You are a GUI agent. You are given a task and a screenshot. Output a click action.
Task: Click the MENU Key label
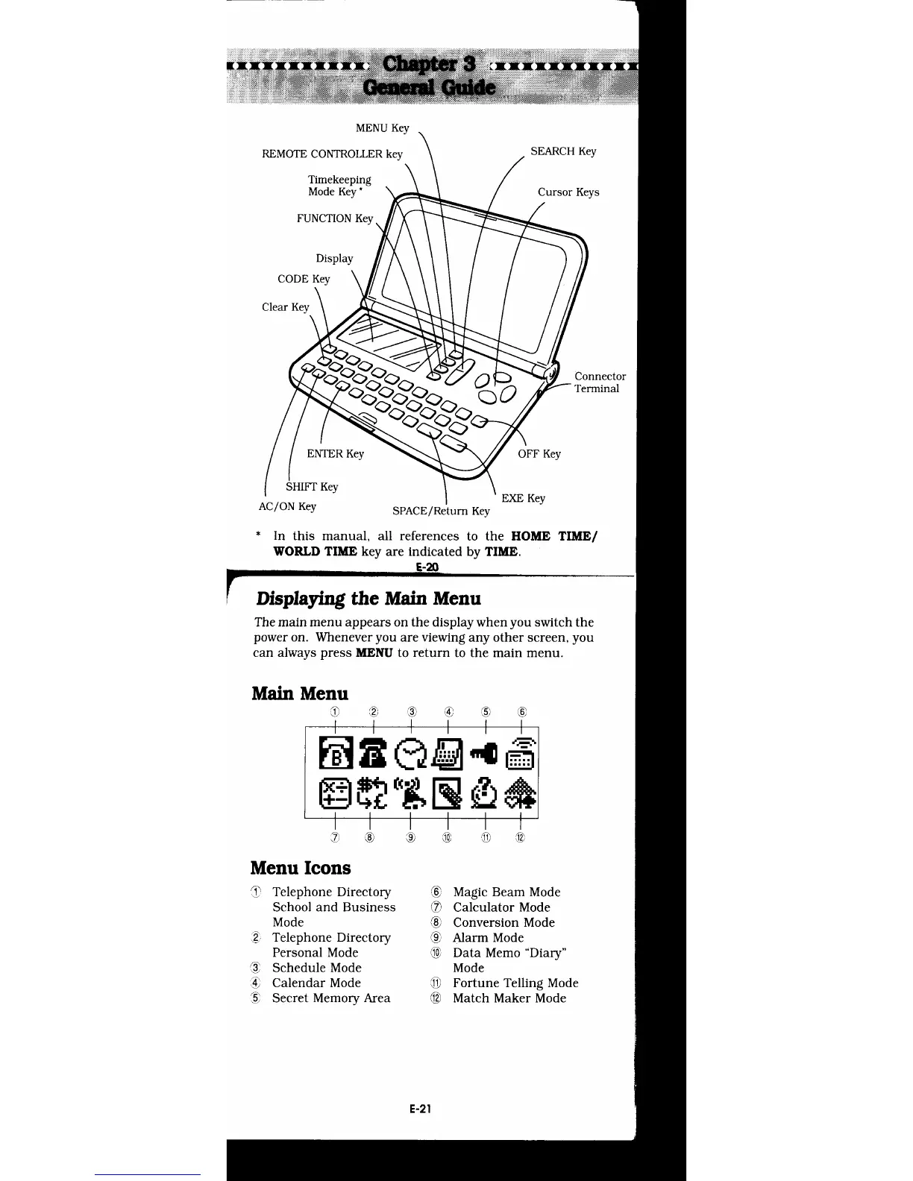[382, 128]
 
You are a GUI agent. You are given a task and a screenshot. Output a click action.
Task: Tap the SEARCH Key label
[563, 151]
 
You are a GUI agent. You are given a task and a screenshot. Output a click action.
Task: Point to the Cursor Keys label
[568, 192]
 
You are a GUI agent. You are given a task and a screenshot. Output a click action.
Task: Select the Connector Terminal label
[600, 382]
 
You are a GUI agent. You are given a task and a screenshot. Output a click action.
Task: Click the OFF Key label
[539, 454]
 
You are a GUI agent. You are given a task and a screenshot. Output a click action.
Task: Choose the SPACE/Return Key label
[441, 511]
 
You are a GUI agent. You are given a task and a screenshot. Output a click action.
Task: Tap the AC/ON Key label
[287, 506]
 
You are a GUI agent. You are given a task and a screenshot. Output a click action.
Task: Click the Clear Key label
[285, 307]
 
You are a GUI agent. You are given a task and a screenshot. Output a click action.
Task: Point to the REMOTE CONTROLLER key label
[332, 154]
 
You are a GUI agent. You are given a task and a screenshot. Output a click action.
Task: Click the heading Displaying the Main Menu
[368, 599]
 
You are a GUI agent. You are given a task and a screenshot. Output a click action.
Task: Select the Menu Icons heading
[301, 868]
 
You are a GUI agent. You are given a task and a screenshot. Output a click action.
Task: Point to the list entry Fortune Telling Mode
[515, 983]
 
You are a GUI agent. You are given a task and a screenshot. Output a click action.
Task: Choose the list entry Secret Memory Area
[330, 998]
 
